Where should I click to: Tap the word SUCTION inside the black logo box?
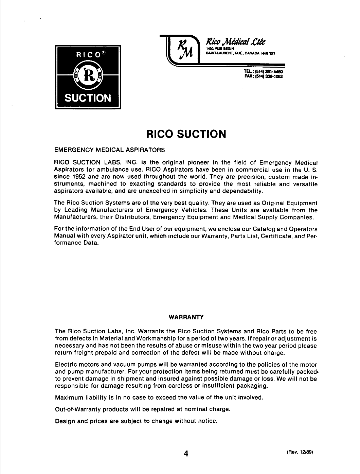coord(88,98)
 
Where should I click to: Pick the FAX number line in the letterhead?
coord(263,76)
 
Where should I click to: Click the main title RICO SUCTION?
coord(186,134)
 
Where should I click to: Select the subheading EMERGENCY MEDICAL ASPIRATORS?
coord(110,150)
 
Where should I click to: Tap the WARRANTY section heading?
coord(186,317)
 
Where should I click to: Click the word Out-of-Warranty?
coord(78,409)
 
